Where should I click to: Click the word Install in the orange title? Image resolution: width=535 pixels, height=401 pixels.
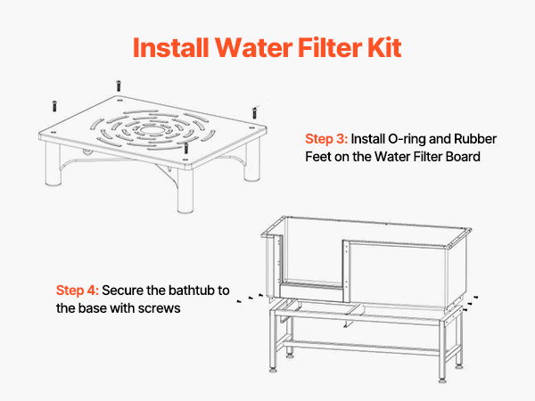coord(170,47)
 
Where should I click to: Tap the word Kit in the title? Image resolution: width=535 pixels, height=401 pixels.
coord(384,47)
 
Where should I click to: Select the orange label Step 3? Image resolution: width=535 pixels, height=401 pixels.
coord(326,139)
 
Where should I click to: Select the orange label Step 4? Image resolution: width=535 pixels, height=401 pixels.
coord(78,291)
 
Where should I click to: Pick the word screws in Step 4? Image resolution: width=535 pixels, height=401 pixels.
coord(160,308)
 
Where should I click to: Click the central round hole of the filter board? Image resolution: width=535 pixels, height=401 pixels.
coord(152,131)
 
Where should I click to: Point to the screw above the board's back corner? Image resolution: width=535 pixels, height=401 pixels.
coord(119,86)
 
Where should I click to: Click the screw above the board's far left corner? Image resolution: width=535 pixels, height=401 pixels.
coord(54,106)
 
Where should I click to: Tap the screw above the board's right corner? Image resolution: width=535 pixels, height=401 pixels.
coord(254,112)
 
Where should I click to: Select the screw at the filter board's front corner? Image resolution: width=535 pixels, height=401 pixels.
coord(186,148)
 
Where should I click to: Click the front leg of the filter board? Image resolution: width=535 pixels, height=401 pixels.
coord(185,191)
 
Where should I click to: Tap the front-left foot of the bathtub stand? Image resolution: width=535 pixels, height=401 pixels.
coord(273,369)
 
